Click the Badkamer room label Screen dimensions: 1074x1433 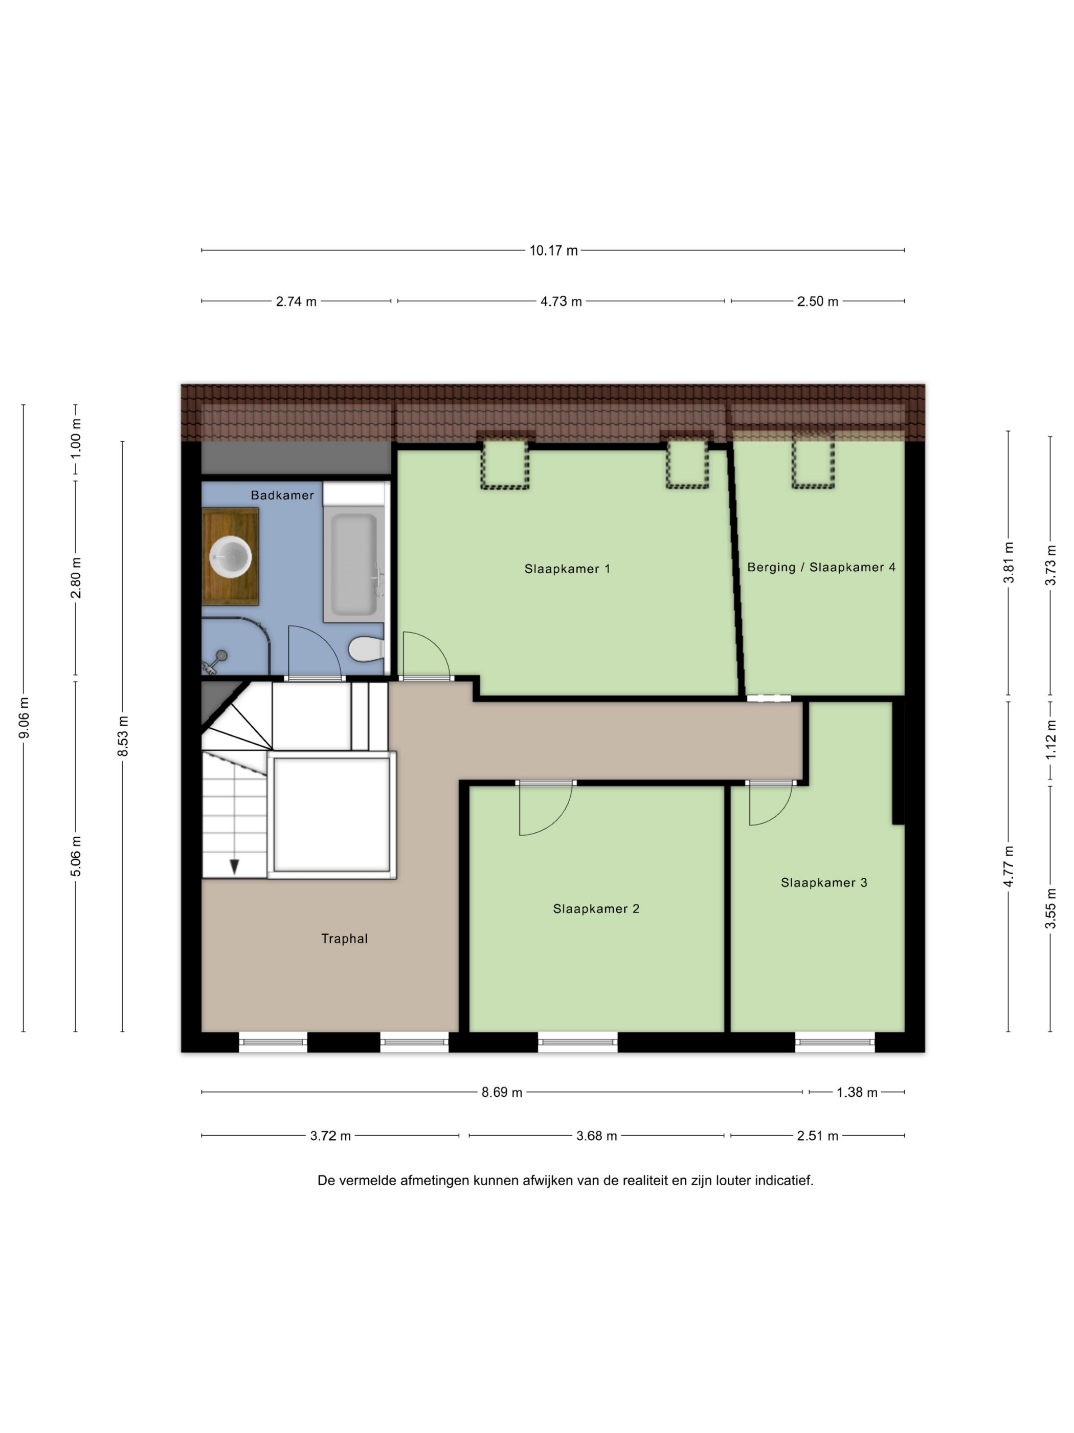coord(282,495)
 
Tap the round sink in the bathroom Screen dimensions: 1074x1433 coord(231,556)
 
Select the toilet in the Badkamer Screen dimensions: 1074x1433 coord(366,648)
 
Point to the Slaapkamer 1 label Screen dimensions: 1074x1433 coord(567,569)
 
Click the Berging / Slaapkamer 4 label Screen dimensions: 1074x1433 coord(821,568)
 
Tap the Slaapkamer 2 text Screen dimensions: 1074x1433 coord(596,909)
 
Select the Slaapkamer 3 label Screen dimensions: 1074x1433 coord(823,882)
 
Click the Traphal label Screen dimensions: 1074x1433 coord(344,939)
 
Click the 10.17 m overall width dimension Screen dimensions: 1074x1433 coord(553,251)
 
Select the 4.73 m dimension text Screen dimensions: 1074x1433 coord(561,301)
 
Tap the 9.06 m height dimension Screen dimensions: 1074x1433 coord(24,718)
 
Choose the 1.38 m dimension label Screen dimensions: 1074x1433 coord(857,1093)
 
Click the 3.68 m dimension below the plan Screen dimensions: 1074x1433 coord(596,1136)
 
